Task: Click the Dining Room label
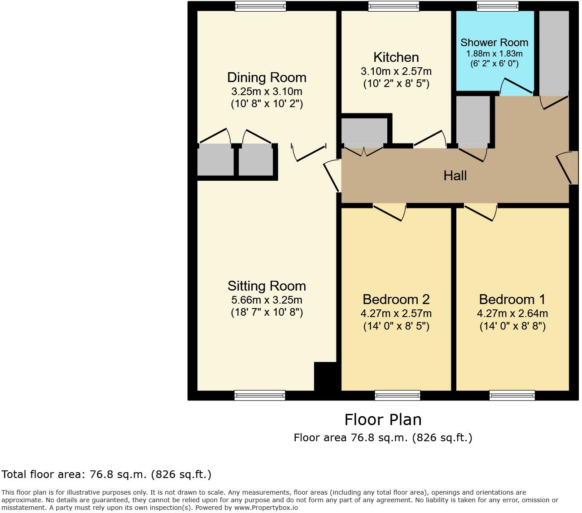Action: pos(267,78)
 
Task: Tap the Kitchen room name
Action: pos(396,57)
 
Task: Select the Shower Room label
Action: pos(494,43)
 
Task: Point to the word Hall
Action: pos(455,175)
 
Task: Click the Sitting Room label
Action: pos(267,286)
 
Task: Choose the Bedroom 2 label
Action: pos(396,300)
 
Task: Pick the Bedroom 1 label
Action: pos(512,300)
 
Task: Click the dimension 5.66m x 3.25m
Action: pos(267,300)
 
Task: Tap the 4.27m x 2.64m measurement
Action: pos(512,313)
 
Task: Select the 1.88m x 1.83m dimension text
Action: pos(494,53)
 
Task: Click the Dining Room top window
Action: pos(260,6)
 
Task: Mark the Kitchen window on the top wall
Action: pos(394,6)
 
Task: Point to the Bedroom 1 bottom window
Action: pos(512,395)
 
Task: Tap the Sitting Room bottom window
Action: pos(260,395)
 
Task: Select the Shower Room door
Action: pos(516,87)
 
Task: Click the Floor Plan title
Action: pos(383,420)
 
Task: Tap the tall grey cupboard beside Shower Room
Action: pos(554,52)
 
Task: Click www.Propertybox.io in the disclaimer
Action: pos(266,508)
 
